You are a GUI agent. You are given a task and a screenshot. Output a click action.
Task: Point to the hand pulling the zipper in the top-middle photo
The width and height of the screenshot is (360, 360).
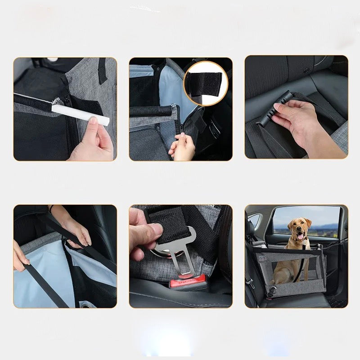tap(183, 147)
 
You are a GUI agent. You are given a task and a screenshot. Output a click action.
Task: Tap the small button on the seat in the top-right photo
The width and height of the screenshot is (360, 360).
tap(306, 71)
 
